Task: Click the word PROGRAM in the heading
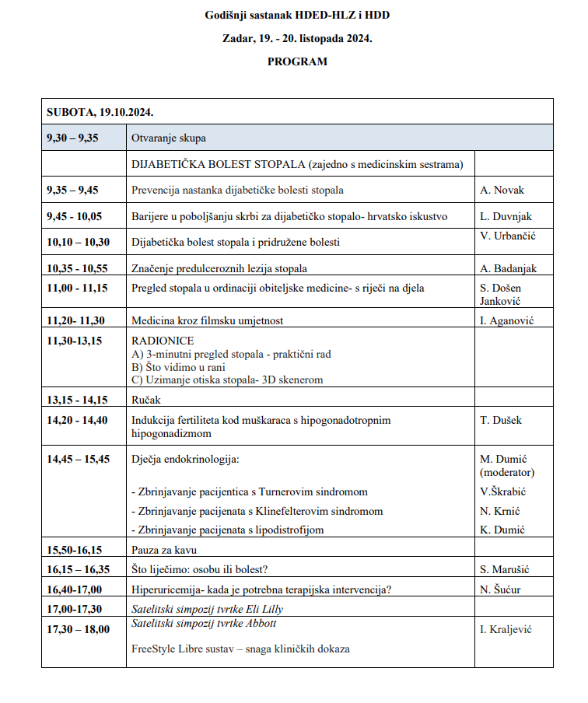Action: (x=297, y=61)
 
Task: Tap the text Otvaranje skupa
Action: (x=169, y=138)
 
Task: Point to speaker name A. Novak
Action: (x=502, y=190)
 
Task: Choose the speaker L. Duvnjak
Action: (x=506, y=216)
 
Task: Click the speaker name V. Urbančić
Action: (x=509, y=236)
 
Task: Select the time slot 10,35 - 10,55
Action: (x=78, y=268)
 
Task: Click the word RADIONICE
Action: (x=163, y=341)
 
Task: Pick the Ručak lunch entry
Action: (x=148, y=400)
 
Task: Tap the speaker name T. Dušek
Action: (x=502, y=420)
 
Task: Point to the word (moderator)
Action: (x=507, y=472)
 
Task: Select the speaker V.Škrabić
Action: (x=503, y=491)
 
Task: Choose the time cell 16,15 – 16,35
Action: (x=78, y=569)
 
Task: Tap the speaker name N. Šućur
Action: (x=501, y=589)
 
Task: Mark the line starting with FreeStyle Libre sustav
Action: (x=240, y=648)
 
